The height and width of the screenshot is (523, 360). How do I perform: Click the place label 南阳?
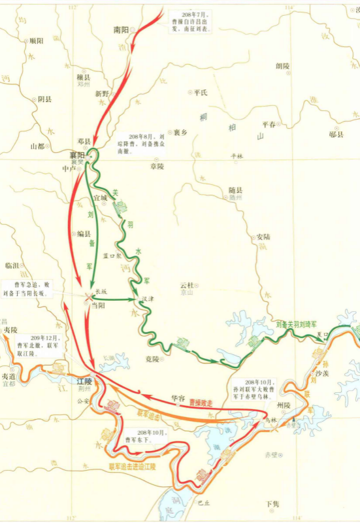coord(122,29)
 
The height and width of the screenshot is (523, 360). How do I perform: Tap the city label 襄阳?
coord(77,156)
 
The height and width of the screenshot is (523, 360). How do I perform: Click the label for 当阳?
coord(97,305)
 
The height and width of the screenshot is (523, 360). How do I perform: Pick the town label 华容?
coord(178,397)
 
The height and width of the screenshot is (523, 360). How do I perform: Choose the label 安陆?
coord(263,237)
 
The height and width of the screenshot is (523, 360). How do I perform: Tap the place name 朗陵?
coord(282,65)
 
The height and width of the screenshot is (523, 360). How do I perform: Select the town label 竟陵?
coord(153,359)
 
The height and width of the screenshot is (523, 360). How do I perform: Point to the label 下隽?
coord(272,504)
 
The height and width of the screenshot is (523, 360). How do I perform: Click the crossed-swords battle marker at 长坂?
coord(90,298)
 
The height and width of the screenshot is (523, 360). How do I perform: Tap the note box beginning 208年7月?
coord(190,22)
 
